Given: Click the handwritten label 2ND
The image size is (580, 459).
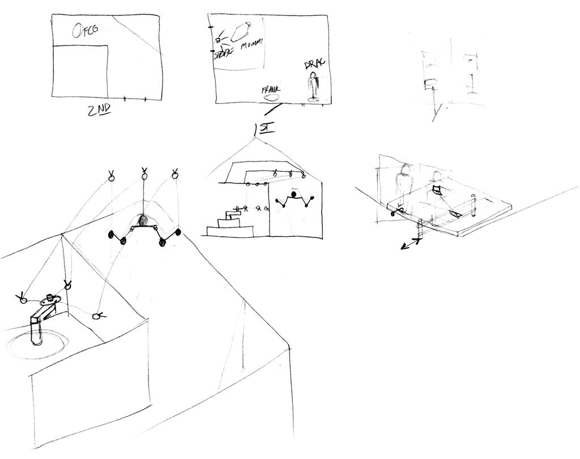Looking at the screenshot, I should click(99, 110).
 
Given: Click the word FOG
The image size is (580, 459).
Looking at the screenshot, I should click(89, 29).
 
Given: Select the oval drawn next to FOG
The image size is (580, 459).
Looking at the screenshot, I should click(77, 30).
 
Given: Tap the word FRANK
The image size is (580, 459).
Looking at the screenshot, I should click(271, 90).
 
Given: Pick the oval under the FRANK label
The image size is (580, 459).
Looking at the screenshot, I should click(271, 97).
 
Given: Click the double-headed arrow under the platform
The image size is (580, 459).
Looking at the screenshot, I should click(410, 244).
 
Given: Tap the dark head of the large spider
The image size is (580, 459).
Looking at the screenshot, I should click(143, 219).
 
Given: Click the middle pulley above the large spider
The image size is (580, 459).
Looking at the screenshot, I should click(144, 176).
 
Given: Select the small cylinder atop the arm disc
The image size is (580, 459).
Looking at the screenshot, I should click(50, 296).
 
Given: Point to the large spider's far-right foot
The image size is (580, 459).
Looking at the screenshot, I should click(178, 232).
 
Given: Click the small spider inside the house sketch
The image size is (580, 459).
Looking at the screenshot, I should click(293, 198).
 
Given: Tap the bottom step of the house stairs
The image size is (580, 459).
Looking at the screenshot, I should click(230, 231).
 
